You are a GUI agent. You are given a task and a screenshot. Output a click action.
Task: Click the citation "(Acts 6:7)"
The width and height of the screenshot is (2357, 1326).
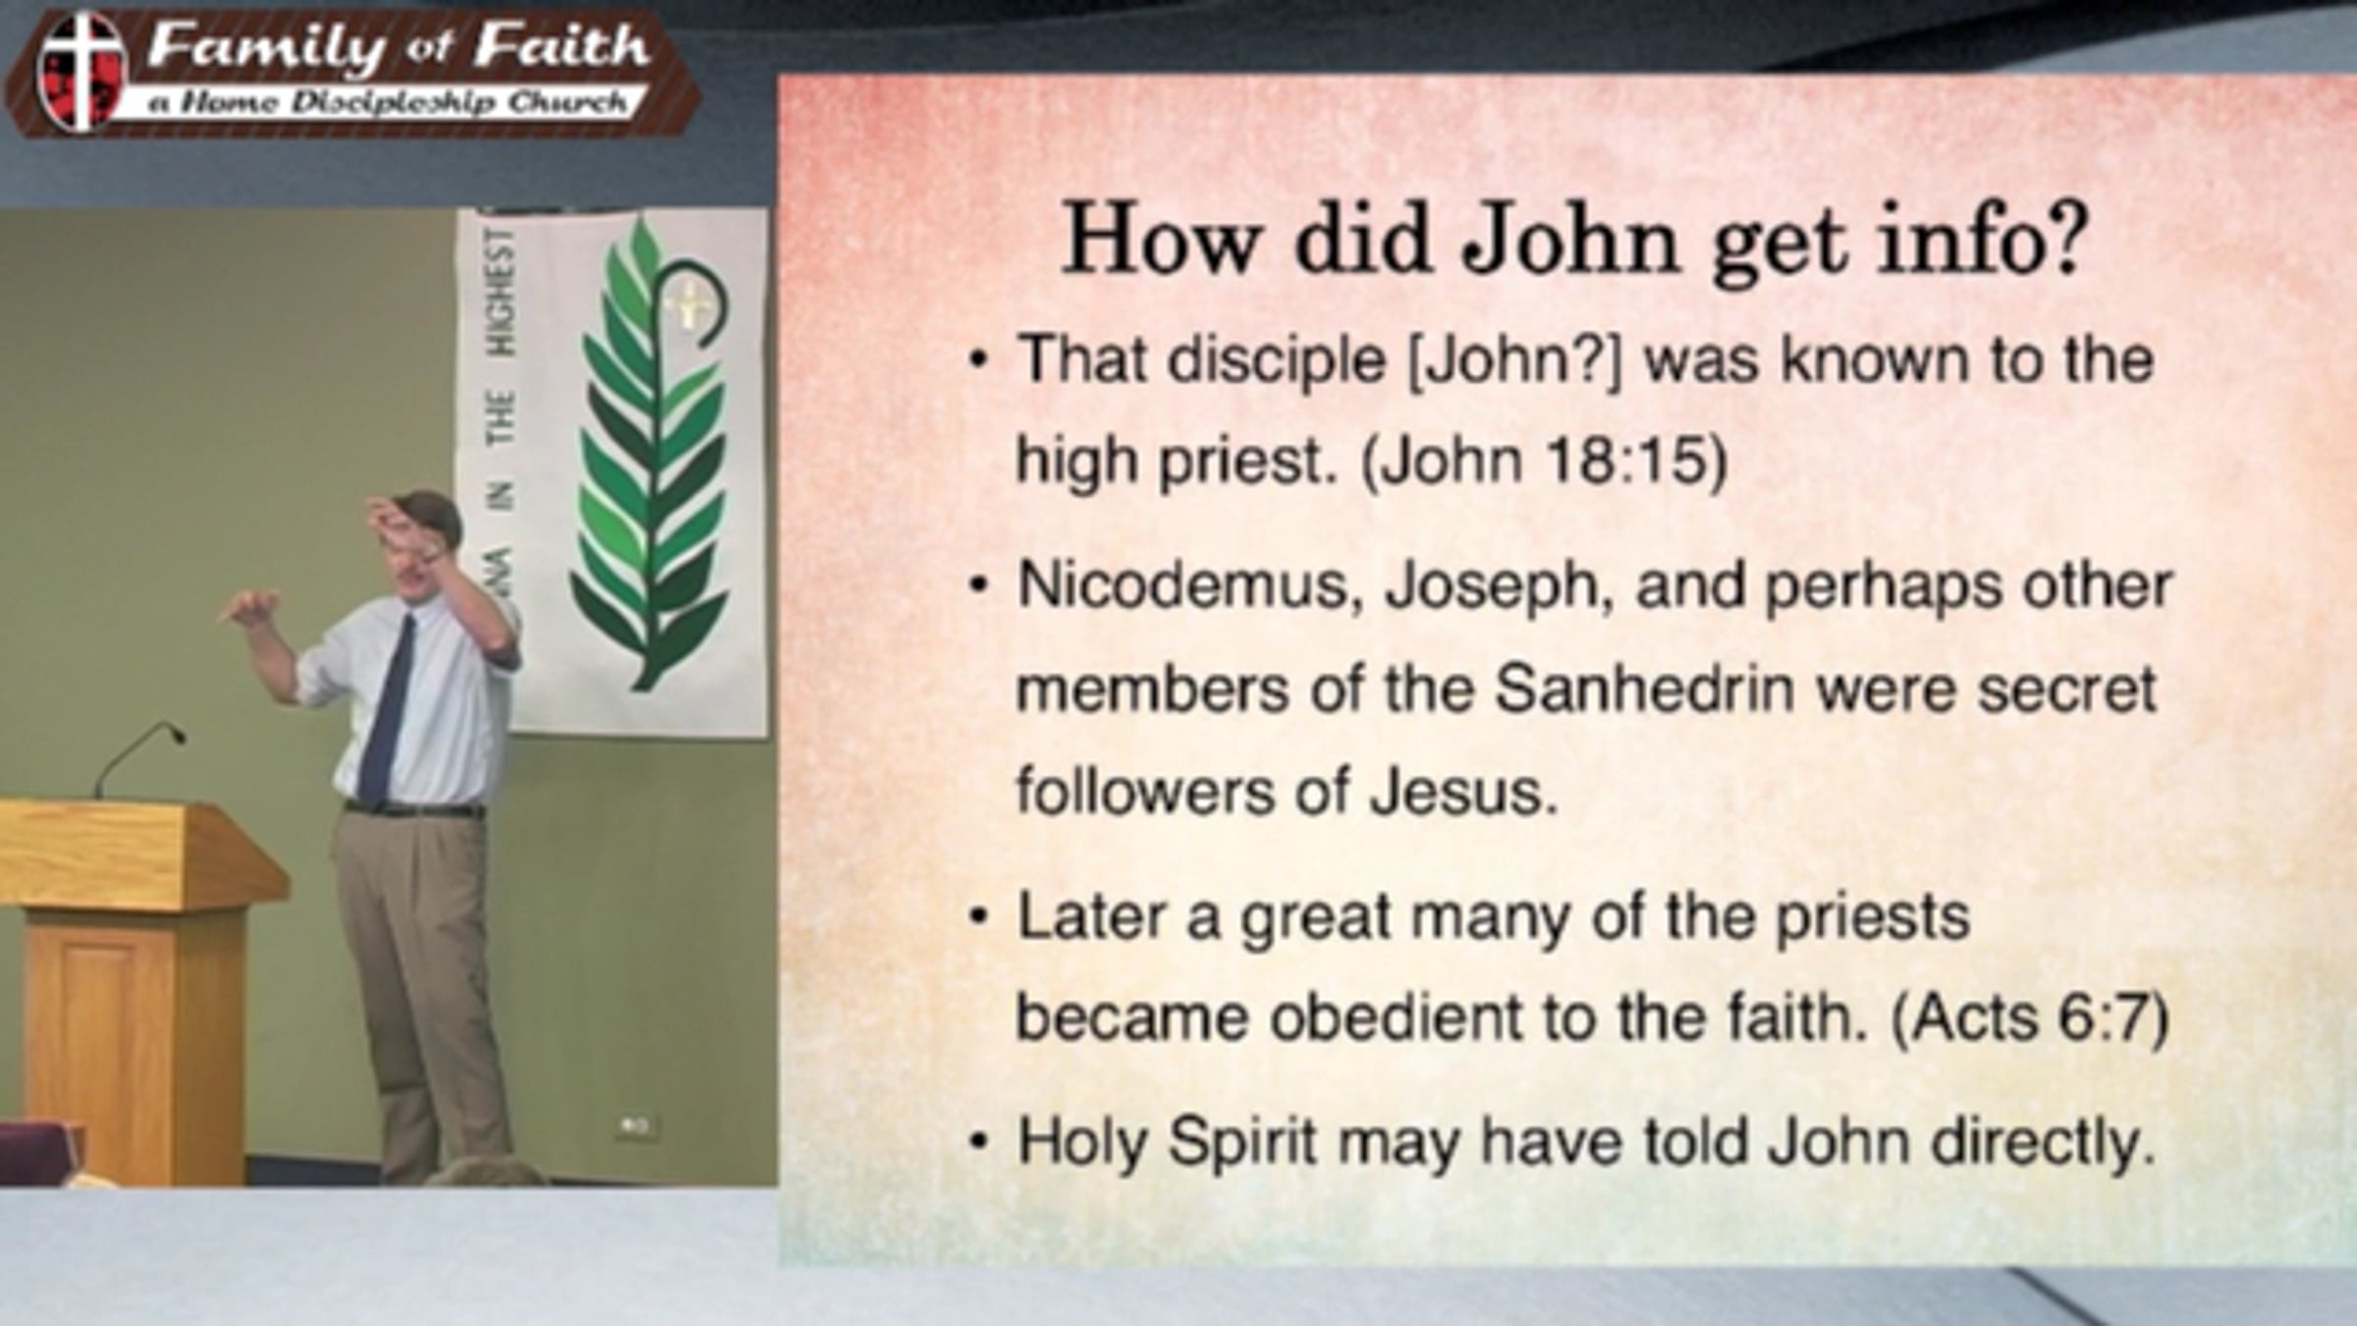tap(2029, 1018)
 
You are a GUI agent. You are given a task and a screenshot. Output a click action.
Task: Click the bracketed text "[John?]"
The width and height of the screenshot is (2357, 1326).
tap(1515, 360)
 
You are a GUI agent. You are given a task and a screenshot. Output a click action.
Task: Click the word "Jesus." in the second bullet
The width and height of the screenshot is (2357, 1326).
tap(1464, 792)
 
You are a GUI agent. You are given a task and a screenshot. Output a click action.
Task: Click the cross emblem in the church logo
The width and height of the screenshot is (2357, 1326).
tap(82, 71)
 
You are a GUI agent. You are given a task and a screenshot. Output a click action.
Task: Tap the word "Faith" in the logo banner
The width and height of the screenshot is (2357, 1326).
tap(561, 46)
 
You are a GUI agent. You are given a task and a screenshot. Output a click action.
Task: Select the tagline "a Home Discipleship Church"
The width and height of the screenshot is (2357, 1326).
tap(387, 101)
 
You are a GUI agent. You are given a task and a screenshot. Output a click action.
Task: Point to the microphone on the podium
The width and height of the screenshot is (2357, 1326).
tap(138, 756)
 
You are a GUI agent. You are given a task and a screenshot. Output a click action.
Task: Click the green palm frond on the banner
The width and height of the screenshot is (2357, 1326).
tap(650, 452)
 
